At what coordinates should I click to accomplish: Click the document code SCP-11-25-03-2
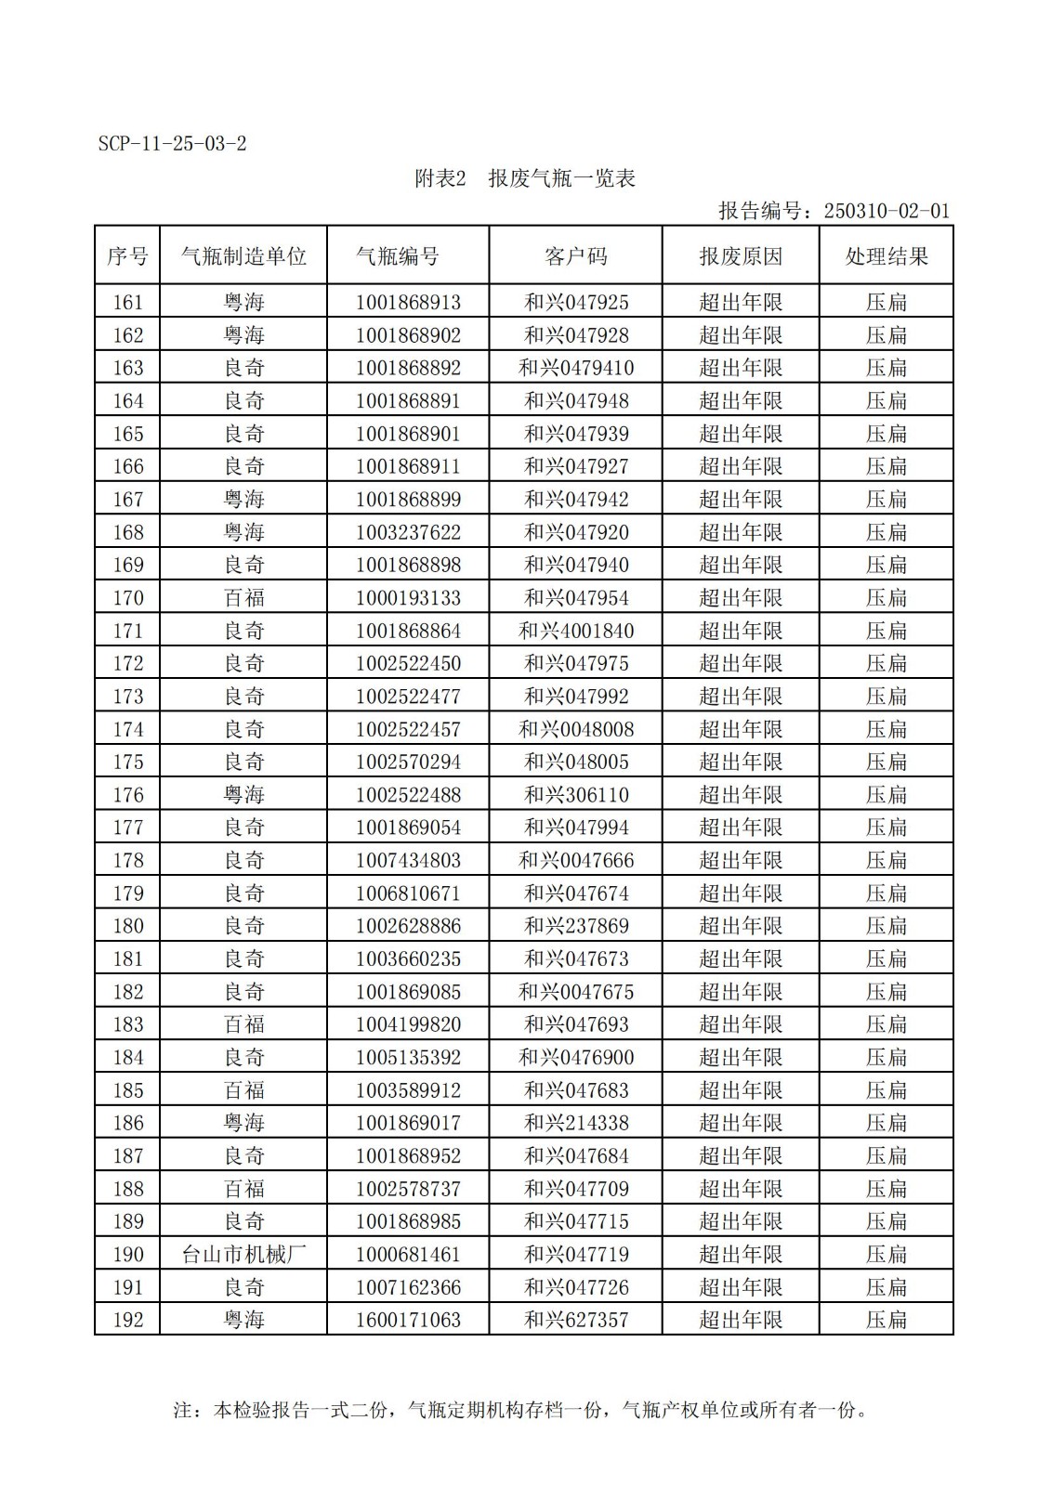point(172,144)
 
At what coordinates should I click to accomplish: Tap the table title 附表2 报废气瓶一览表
point(524,178)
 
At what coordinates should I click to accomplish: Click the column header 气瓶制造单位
point(243,256)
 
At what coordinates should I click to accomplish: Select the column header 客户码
point(575,256)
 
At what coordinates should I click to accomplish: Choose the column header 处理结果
point(886,256)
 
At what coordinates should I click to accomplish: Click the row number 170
point(128,598)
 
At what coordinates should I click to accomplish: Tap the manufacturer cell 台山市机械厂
point(243,1255)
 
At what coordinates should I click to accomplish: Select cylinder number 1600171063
point(408,1320)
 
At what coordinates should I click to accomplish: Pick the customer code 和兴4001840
point(575,632)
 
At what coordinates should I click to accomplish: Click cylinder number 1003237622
point(408,532)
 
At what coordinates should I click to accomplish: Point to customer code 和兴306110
point(575,795)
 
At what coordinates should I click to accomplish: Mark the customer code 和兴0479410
point(575,368)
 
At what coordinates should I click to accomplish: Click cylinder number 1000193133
point(408,598)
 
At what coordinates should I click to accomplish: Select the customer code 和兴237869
point(575,926)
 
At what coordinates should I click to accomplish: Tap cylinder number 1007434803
point(408,861)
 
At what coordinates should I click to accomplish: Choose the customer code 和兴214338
point(575,1123)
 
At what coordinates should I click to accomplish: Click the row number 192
point(128,1320)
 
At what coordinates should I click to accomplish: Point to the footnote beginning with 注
point(520,1410)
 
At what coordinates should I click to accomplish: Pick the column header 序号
point(128,256)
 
